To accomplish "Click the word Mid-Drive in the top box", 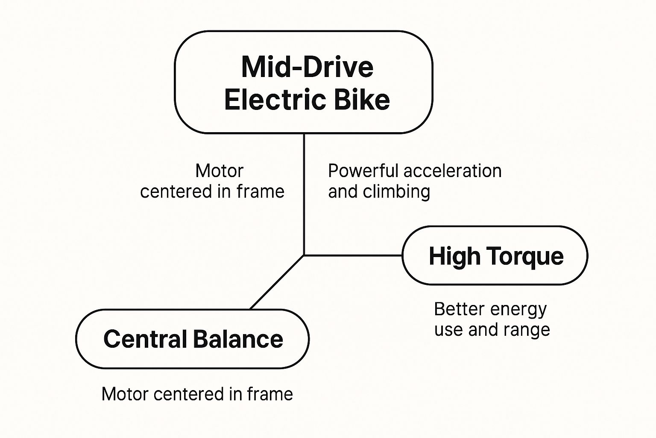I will (307, 67).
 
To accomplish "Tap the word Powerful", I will (363, 171).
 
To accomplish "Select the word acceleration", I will (452, 171).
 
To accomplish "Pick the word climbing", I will (396, 192).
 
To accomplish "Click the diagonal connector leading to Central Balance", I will (277, 282).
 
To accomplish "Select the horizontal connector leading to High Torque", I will (353, 255).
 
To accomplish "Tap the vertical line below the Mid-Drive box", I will (304, 192).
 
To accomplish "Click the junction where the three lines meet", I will (304, 255).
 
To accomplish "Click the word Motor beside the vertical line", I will (219, 171).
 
